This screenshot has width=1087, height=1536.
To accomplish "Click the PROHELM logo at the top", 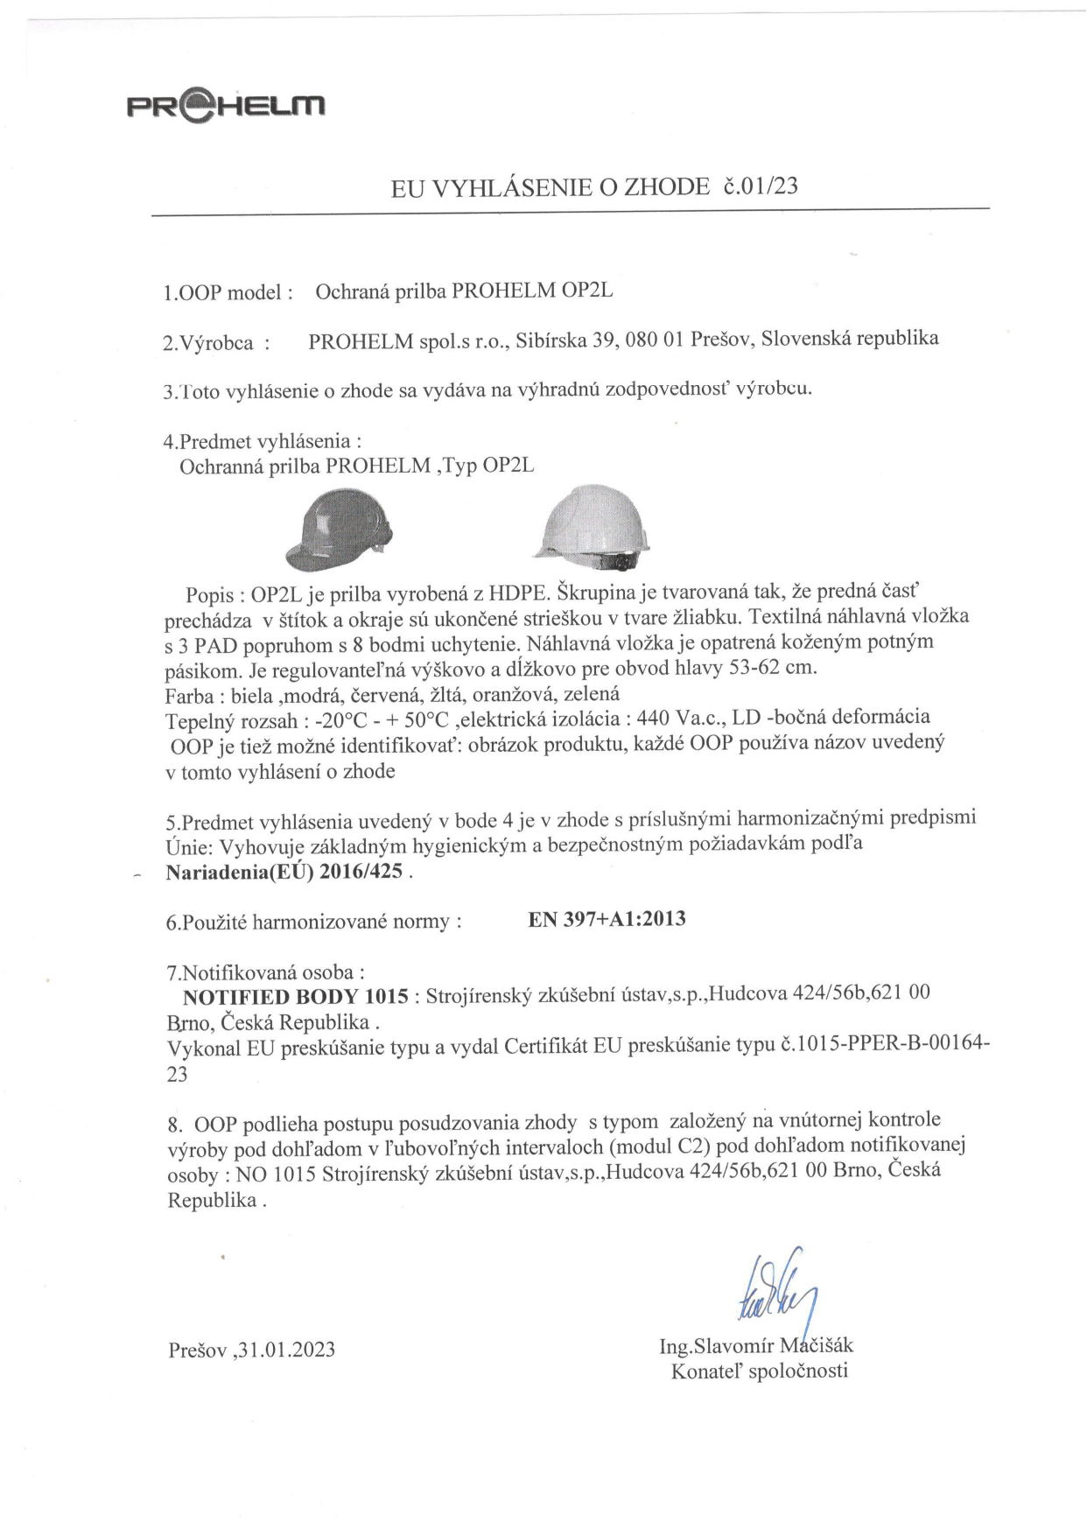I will pos(226,106).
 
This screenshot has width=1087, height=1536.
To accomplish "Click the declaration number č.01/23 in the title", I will pos(761,186).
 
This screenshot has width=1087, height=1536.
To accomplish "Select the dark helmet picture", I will pos(339,530).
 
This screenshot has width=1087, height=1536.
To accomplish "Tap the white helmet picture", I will pos(593,526).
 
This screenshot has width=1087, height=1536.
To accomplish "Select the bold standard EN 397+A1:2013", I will pos(607,919).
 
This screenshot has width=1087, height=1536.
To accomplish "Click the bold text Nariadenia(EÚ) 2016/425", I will pos(284,872).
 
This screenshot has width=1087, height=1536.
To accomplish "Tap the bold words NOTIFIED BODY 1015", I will pos(296,996).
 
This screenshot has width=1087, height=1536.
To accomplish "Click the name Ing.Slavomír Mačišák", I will pos(756,1345).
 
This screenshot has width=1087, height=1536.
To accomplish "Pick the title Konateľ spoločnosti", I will pos(759,1371).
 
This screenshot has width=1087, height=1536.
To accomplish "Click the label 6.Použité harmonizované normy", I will pos(313,922).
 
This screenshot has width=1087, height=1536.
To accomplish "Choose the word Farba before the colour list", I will pos(189,696).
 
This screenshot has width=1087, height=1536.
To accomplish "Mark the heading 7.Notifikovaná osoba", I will pos(265,972).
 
